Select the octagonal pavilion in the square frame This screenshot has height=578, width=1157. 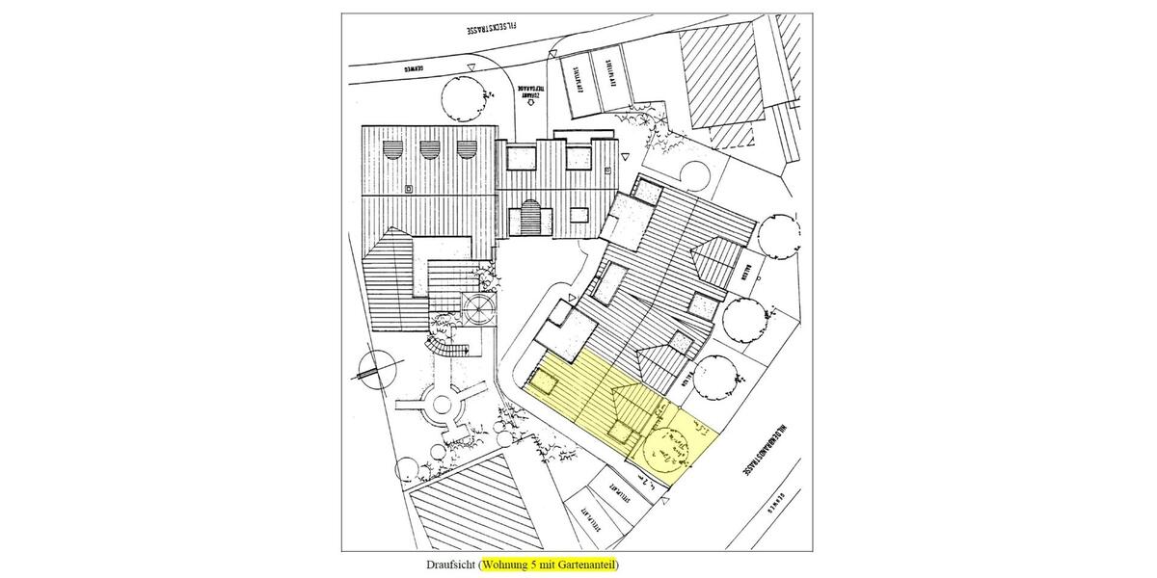tap(478, 307)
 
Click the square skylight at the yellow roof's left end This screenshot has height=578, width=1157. tap(548, 384)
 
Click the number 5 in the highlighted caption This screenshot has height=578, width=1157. tap(535, 564)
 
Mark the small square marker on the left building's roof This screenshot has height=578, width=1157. tap(410, 188)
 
